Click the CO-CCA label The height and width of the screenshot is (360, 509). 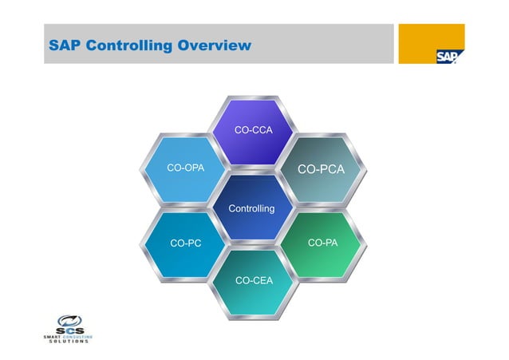(x=254, y=129)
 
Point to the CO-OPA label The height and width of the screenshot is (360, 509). (x=184, y=168)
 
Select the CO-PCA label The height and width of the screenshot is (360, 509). (x=321, y=169)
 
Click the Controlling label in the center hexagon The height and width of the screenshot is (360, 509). (x=251, y=208)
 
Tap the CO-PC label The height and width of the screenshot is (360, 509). (x=186, y=243)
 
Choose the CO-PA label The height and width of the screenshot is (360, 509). (x=322, y=242)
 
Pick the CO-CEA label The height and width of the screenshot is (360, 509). (x=254, y=280)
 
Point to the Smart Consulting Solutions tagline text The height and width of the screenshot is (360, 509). (x=69, y=339)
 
